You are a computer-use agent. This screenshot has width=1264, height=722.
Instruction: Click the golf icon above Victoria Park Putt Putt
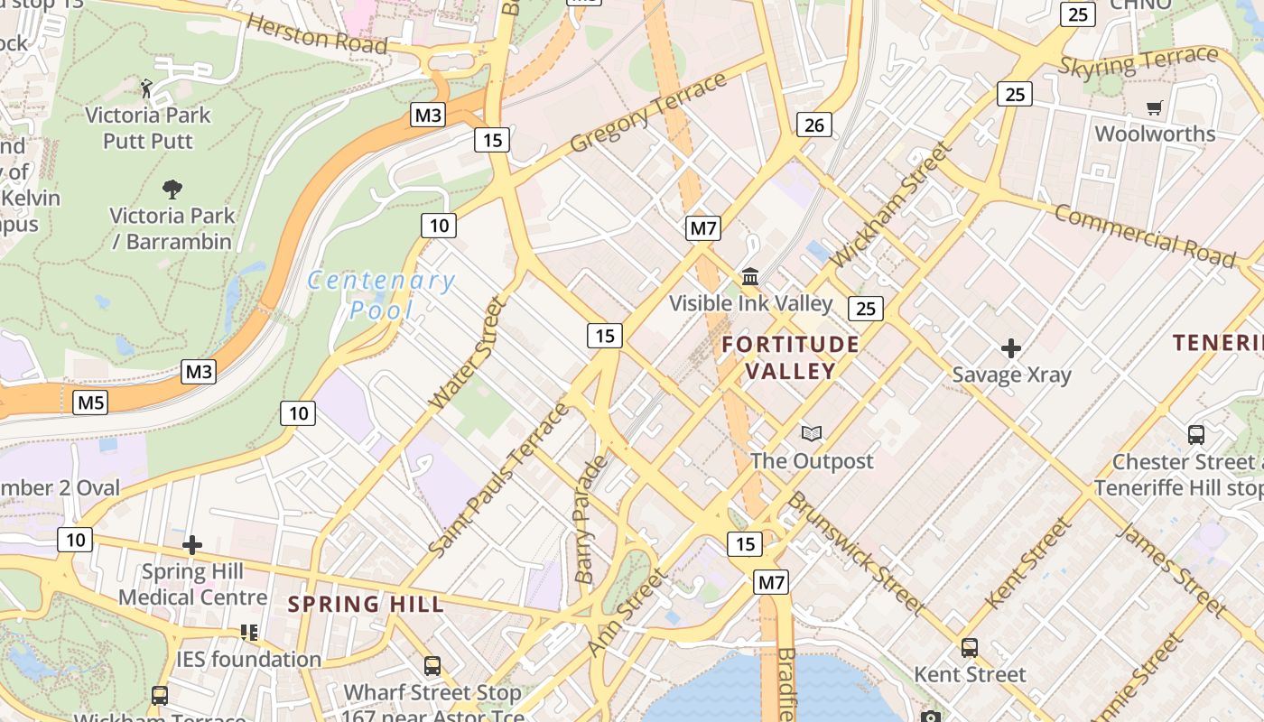[146, 88]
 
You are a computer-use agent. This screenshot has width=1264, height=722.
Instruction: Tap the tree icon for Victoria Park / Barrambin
[172, 189]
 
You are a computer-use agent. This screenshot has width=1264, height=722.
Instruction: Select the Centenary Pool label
[381, 295]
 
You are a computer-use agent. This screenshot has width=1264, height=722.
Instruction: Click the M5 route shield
[90, 402]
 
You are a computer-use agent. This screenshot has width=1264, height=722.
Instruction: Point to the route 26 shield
[813, 125]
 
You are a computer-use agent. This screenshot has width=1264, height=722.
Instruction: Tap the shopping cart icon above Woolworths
[1154, 108]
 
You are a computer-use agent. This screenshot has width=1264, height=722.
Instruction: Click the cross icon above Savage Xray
[1011, 347]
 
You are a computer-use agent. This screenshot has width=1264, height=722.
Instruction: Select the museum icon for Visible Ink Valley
[750, 276]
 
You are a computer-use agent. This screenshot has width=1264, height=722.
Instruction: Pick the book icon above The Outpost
[812, 434]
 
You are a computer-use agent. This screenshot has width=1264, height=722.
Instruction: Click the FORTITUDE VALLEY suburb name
[790, 357]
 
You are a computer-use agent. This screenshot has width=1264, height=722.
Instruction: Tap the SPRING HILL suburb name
[366, 604]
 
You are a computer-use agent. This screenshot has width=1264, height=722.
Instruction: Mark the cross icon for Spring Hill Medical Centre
[191, 545]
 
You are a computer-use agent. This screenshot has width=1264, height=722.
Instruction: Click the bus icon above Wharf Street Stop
[432, 666]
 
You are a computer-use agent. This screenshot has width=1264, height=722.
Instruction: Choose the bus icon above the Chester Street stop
[1196, 435]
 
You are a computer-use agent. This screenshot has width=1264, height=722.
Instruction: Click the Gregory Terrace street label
[648, 113]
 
